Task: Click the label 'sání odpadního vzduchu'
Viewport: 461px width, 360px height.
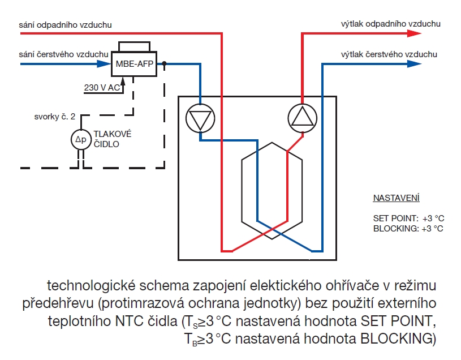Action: [x=65, y=24]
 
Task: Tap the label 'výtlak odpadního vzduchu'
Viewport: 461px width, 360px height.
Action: [x=390, y=24]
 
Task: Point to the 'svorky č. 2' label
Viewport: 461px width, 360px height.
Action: [x=54, y=117]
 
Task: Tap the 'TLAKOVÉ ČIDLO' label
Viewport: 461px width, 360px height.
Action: [x=113, y=139]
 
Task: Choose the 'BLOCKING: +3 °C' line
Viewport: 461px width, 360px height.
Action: [x=408, y=228]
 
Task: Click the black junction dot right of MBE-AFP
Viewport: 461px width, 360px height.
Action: [x=165, y=64]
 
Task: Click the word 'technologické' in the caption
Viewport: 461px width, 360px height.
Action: [x=93, y=283]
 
